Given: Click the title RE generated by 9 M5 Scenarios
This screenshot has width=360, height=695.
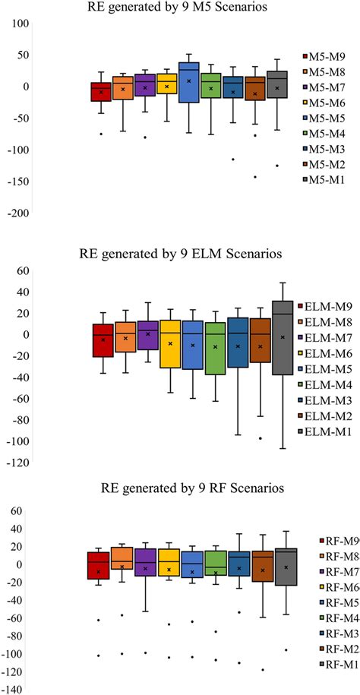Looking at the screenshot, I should (180, 9).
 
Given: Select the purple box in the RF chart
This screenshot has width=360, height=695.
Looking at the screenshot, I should (145, 562).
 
